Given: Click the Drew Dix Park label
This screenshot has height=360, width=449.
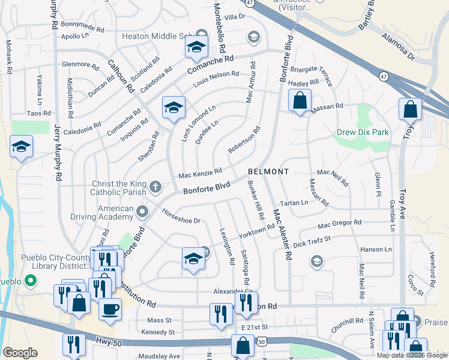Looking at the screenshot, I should tap(363, 132).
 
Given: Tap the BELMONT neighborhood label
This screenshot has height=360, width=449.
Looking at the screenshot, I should tap(268, 172).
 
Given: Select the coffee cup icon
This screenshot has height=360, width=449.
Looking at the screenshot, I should tap(110, 310).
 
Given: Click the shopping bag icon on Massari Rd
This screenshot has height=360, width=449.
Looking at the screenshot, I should tap(300, 100).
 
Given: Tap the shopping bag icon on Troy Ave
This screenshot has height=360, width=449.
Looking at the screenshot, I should tap(410, 110).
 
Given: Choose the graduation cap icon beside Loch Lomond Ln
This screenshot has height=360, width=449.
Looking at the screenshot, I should tap(174, 109).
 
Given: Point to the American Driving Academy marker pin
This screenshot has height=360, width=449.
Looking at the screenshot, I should tap(142, 211).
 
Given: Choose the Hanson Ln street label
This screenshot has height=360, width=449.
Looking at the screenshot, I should tap(376, 249).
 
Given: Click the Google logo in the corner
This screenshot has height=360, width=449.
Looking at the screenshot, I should tap(20, 353).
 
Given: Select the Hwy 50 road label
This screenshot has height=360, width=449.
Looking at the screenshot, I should tap(107, 341).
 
